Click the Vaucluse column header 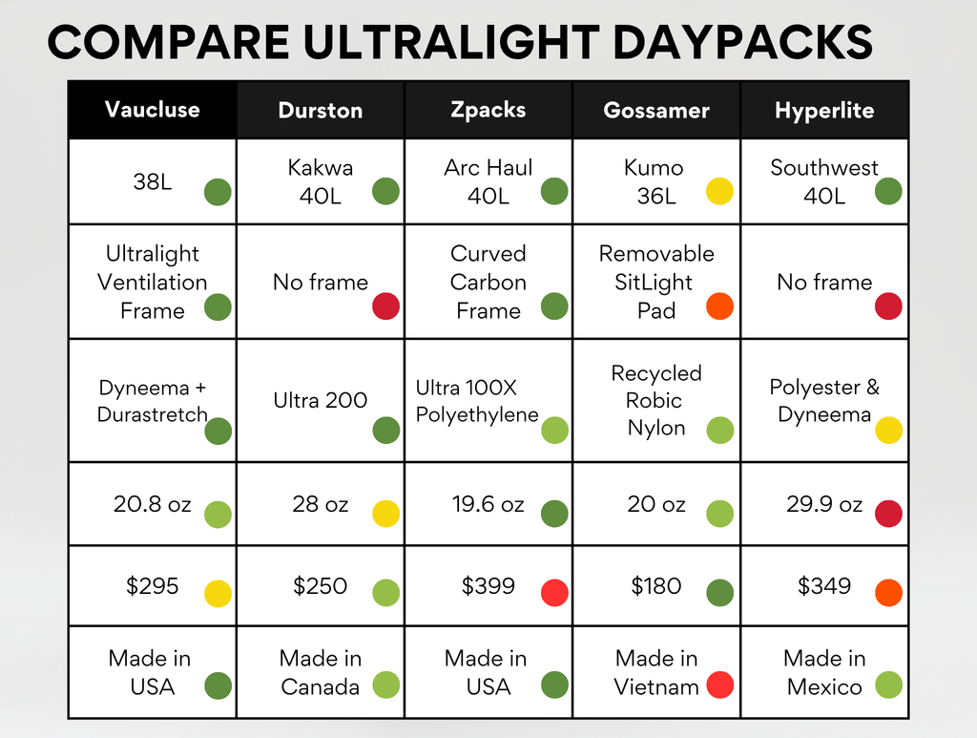point(152,110)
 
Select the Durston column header point(321,111)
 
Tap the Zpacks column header point(488,111)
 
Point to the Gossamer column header point(656,111)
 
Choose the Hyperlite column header point(824,111)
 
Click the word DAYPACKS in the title point(742,42)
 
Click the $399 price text point(488,586)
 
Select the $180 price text point(656,586)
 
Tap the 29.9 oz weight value point(824,504)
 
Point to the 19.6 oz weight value point(488,504)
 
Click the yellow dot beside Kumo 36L point(719,191)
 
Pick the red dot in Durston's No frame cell point(385,306)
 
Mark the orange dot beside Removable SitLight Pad point(719,306)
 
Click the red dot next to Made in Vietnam point(719,685)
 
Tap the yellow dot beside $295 point(218,594)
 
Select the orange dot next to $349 point(888,593)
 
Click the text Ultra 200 point(321,400)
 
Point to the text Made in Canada point(321,672)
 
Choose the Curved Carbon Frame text point(488,282)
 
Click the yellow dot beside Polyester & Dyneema point(888,430)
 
